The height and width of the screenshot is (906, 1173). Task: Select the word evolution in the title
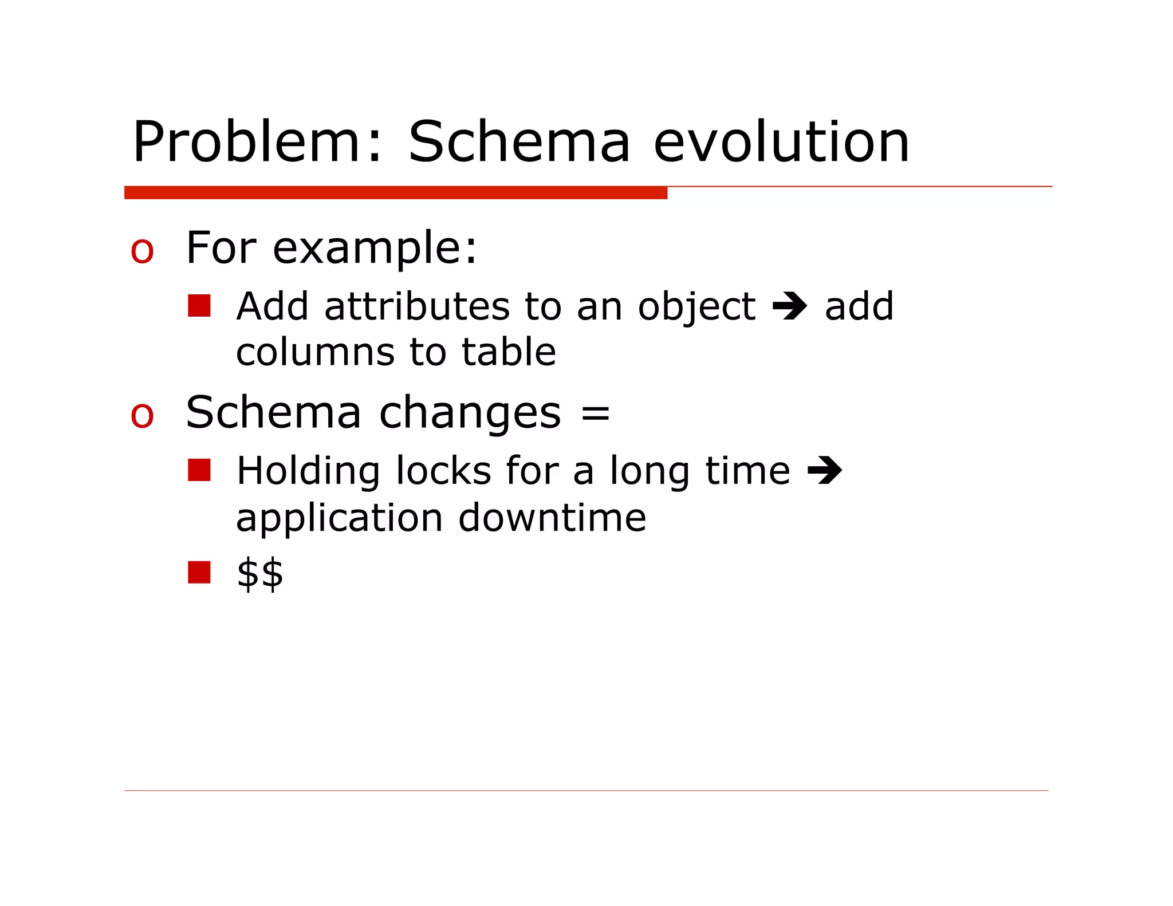pos(781,142)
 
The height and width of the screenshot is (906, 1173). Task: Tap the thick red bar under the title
pos(395,193)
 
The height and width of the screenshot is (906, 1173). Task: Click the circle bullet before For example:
pos(142,251)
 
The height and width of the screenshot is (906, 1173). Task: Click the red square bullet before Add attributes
pos(199,306)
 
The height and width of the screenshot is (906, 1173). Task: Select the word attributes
pos(416,306)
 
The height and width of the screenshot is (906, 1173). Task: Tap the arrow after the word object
pos(790,306)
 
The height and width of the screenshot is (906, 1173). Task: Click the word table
pos(509,352)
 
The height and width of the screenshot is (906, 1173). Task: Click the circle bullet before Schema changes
pos(142,415)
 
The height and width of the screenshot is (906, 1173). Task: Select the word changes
pos(470,413)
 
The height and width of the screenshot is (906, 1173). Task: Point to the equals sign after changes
pos(596,413)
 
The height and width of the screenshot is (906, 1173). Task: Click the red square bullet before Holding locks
pos(199,470)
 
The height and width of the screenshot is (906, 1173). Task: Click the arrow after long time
pos(825,471)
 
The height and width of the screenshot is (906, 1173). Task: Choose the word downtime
pos(552,518)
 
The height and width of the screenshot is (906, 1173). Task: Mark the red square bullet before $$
pos(199,572)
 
